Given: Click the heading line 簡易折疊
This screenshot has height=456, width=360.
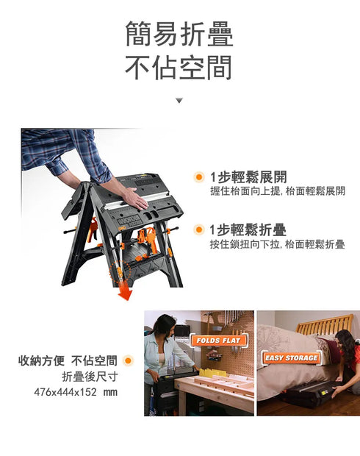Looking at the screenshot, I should pos(179,35).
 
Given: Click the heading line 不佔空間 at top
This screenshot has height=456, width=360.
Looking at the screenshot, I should pos(179,68).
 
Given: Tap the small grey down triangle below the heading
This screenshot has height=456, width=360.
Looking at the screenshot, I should pos(179,100).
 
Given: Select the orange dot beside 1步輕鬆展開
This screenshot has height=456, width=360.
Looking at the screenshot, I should pos(198,177).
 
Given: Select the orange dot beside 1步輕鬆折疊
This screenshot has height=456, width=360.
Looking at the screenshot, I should pos(198,230).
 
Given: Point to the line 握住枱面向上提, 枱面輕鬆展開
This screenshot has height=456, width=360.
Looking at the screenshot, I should pos(277,191).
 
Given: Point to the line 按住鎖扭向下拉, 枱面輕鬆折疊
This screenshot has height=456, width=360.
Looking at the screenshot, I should pos(277,244).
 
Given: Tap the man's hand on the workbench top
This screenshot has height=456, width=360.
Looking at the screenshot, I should pos(137,199).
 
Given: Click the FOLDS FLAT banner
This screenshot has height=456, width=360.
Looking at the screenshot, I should pos(219,341).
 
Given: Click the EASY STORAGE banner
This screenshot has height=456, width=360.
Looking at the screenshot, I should pos(292,358).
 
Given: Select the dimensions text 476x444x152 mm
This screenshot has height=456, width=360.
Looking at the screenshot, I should pos(76,392).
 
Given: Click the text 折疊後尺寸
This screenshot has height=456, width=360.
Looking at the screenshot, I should pos(90,377).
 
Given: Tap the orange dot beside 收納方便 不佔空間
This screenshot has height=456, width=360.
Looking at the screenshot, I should pos(129,361).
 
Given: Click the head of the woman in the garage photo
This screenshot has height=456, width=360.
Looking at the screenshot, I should pos(163,324).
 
